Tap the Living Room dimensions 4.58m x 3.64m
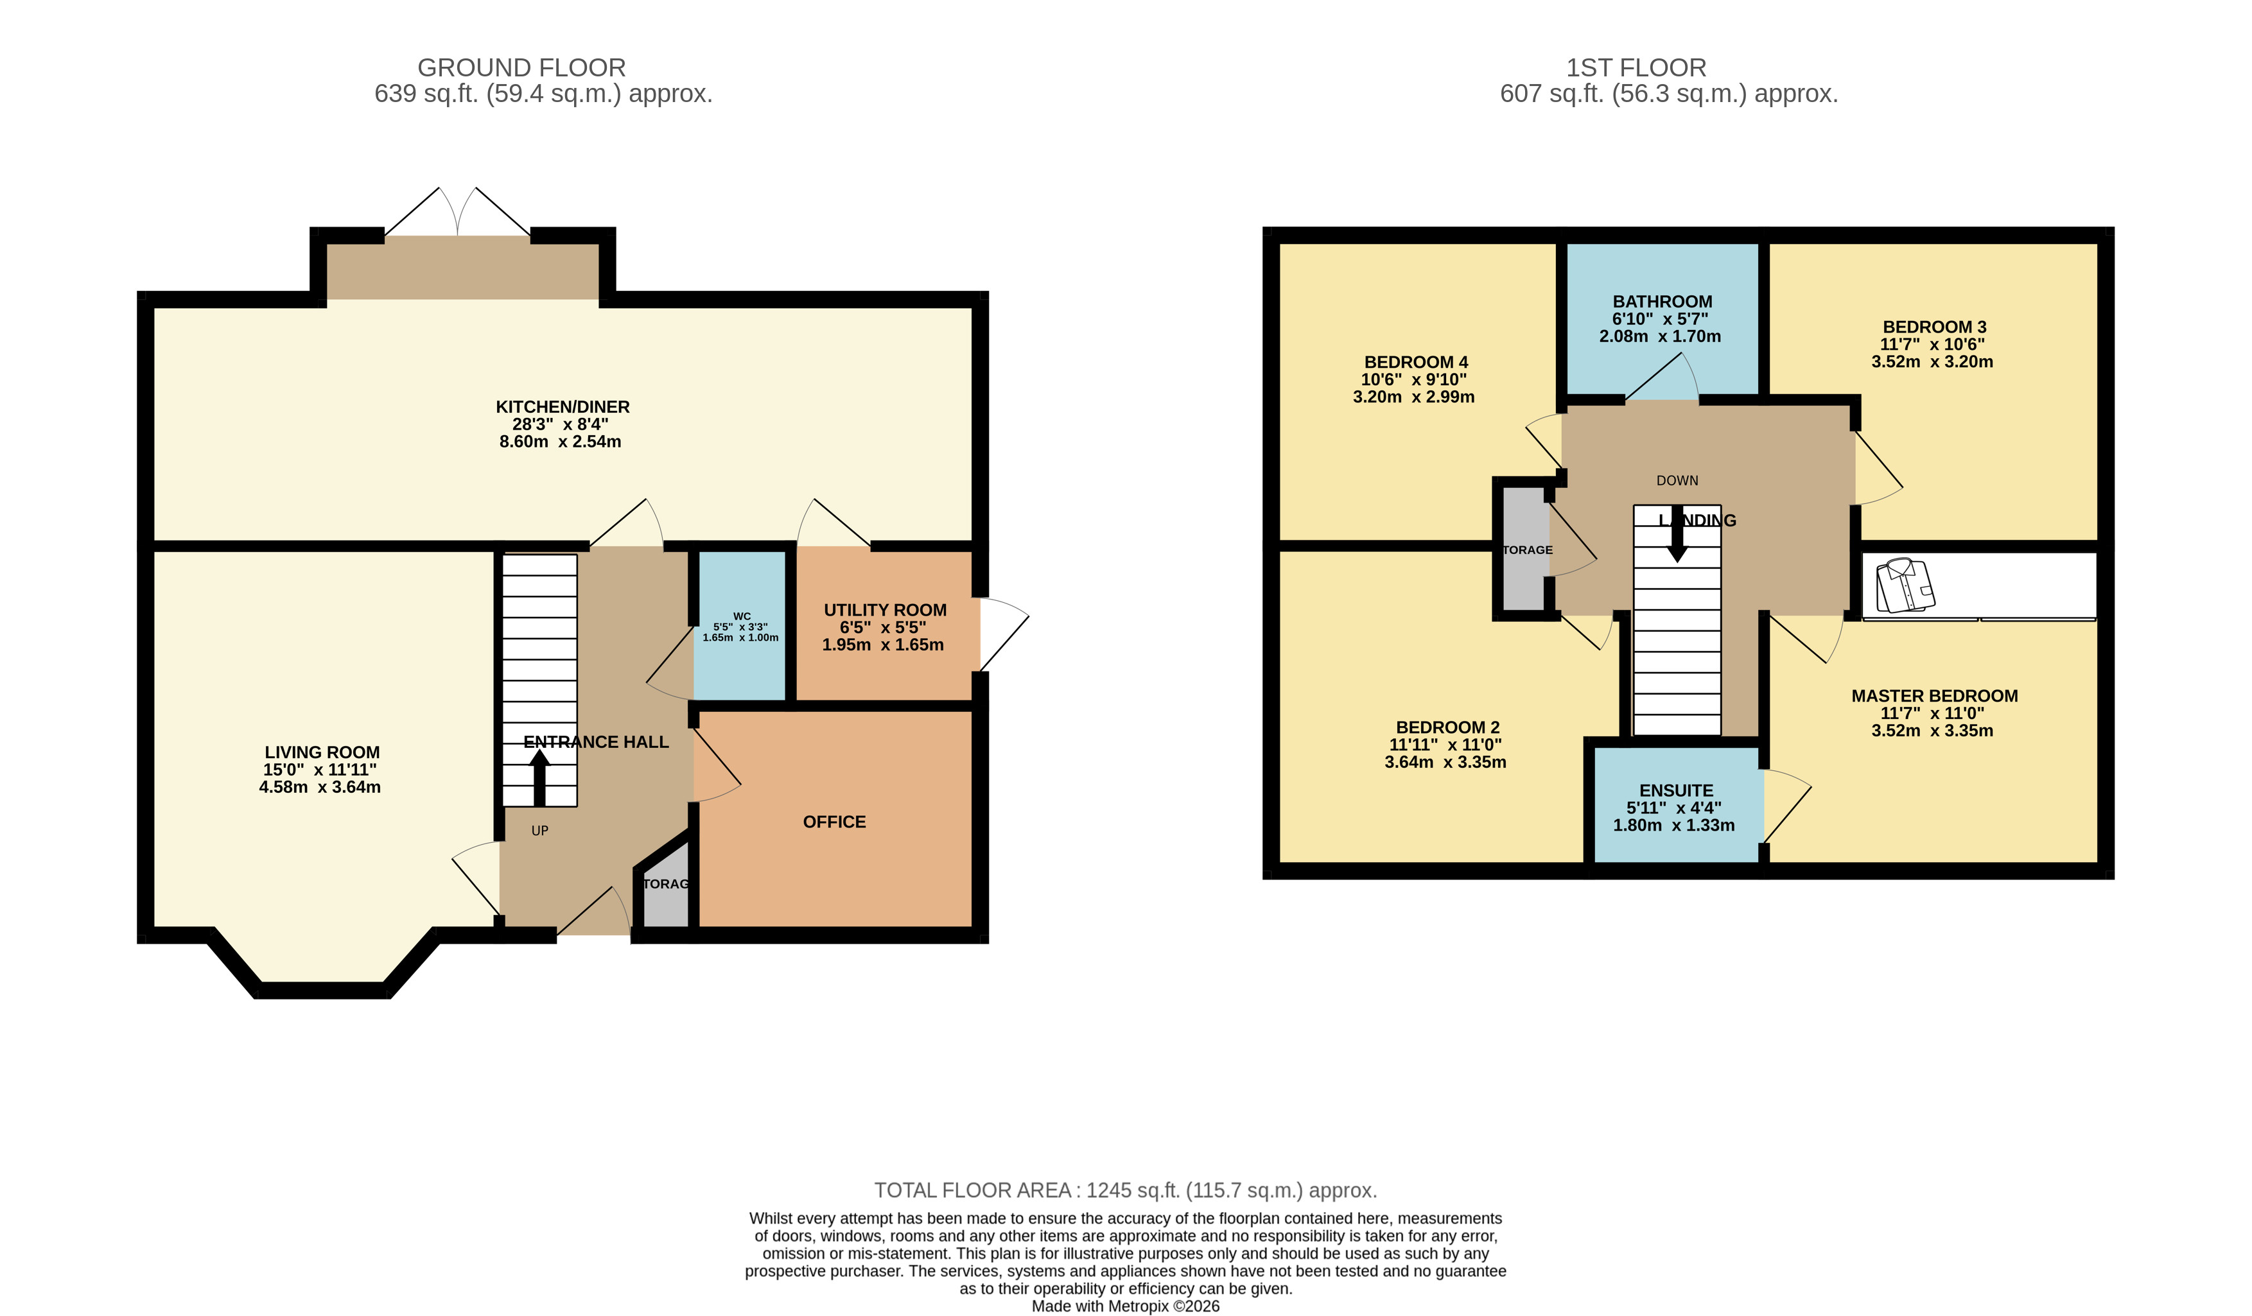coord(320,787)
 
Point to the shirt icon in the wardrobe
coord(1905,586)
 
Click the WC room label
coord(742,616)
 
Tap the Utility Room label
coord(885,610)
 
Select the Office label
coord(834,822)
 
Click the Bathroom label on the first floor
coord(1662,302)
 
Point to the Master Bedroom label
coord(1934,696)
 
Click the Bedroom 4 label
coord(1415,362)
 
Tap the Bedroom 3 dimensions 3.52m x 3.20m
coord(1932,362)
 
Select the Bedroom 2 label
coord(1447,727)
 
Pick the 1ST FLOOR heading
coord(1636,68)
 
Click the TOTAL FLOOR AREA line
coord(1125,1190)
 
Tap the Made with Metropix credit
coord(1125,1306)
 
